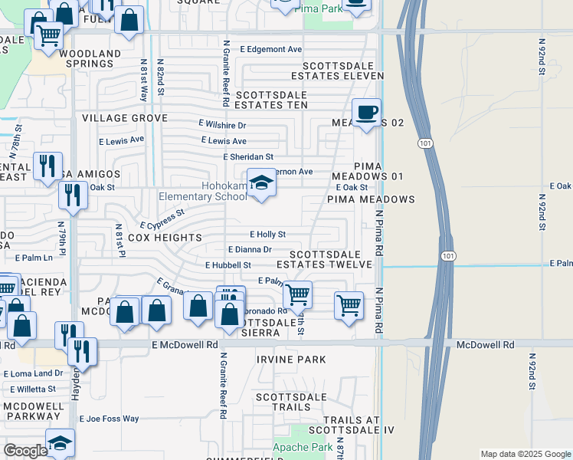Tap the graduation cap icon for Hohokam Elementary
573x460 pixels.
click(x=261, y=183)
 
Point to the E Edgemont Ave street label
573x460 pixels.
click(x=270, y=49)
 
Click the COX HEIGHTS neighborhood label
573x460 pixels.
click(x=165, y=238)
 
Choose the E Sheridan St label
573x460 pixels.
click(x=247, y=156)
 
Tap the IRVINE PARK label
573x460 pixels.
click(x=291, y=359)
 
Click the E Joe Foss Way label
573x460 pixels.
click(x=110, y=419)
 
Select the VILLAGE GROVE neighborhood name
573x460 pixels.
click(x=125, y=118)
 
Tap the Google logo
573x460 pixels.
click(x=25, y=451)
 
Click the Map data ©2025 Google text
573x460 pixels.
click(x=525, y=454)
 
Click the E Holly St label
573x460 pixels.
click(x=267, y=235)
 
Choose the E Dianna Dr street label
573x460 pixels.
click(x=250, y=249)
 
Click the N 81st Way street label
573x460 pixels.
click(x=143, y=80)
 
